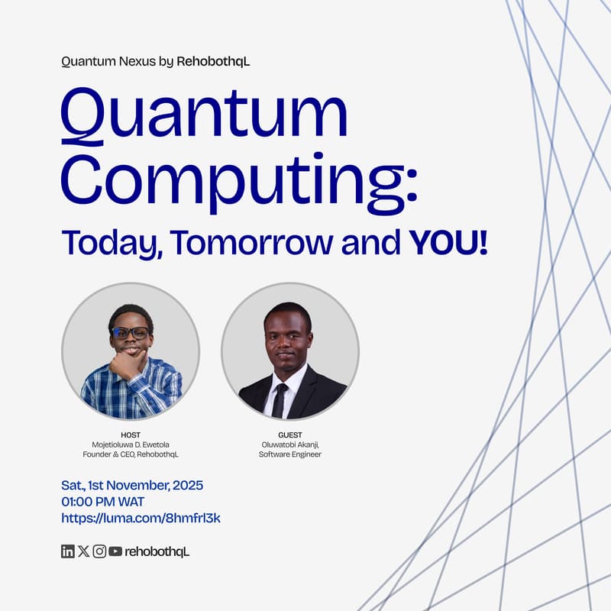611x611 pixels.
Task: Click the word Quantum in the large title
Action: [204, 116]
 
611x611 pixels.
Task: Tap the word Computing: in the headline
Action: [239, 180]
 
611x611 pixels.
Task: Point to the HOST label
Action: [131, 435]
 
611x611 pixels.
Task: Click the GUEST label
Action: [290, 435]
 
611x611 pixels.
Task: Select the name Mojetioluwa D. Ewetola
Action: [131, 445]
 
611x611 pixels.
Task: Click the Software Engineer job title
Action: [290, 454]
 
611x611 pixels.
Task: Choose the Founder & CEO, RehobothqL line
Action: [131, 454]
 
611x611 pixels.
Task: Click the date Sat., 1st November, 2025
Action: [132, 485]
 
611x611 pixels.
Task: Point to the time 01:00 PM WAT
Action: [102, 502]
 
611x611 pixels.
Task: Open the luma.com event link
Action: [141, 518]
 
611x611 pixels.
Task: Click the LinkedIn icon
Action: [67, 551]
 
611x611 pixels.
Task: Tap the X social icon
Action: [83, 551]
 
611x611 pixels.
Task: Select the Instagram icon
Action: [99, 551]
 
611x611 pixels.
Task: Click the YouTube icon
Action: [115, 551]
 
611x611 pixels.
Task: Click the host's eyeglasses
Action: [131, 333]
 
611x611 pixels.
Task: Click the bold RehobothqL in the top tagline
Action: [213, 61]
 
